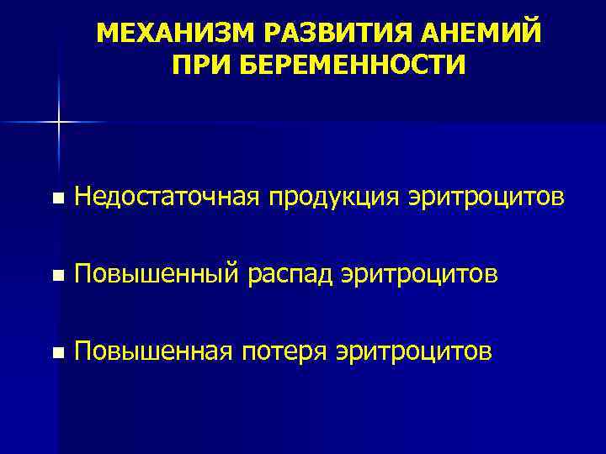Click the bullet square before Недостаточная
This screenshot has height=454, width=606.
(x=56, y=200)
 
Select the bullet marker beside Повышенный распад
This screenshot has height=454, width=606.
(x=56, y=276)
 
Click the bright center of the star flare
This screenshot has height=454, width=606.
(x=59, y=123)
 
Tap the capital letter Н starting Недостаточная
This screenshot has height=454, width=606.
(x=82, y=198)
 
